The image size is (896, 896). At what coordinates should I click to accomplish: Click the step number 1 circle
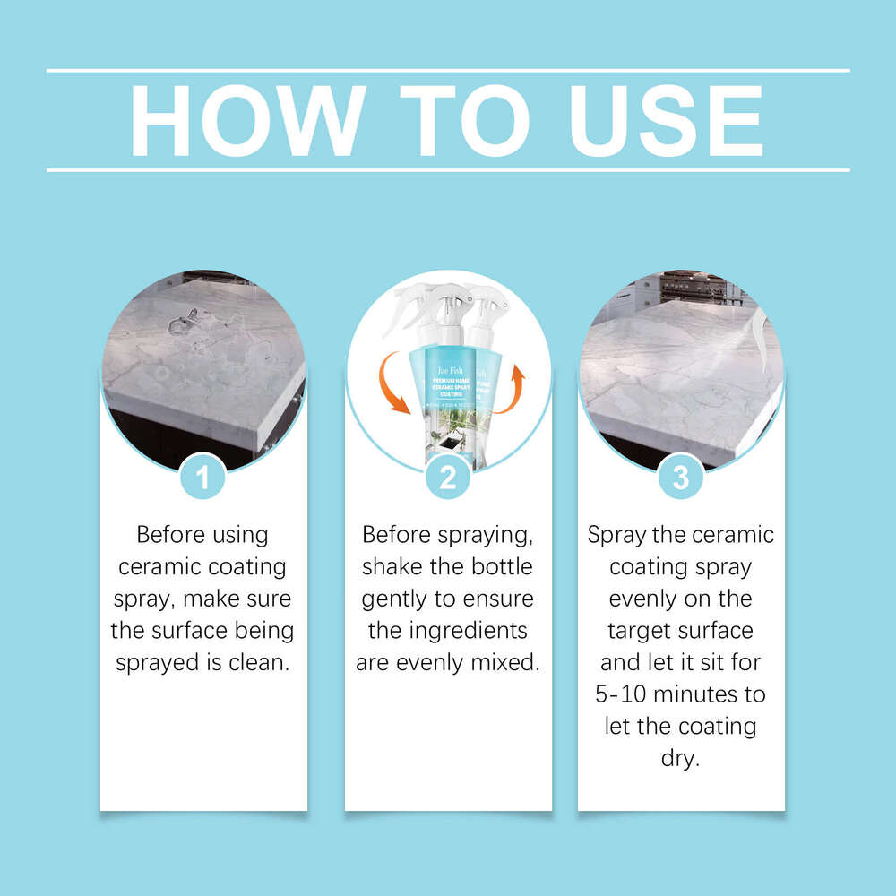pos(203,477)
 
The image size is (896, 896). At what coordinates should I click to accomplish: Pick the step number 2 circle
pos(448,477)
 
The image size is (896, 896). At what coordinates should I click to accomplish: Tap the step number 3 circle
pos(681,477)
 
